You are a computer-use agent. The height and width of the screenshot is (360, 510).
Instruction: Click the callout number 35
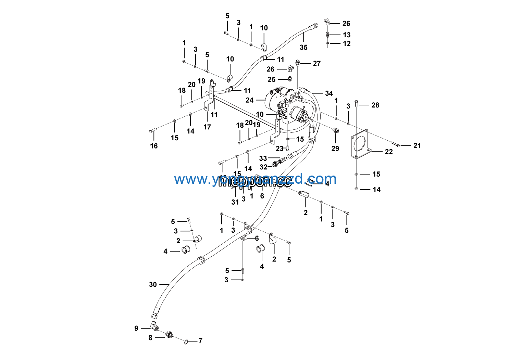tap(303, 48)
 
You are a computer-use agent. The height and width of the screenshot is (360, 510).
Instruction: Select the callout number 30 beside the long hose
tap(153, 284)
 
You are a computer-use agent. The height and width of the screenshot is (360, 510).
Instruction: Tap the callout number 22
tap(389, 152)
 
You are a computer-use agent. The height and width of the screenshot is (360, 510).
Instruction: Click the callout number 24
tap(250, 100)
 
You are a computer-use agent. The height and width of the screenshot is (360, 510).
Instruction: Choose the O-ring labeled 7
tap(186, 342)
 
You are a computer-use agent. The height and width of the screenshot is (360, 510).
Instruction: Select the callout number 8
tap(150, 338)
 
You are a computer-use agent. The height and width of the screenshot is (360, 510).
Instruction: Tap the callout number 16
tap(154, 146)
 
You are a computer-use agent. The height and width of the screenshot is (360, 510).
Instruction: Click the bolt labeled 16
tap(152, 130)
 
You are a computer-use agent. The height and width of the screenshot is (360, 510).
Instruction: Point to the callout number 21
tap(417, 145)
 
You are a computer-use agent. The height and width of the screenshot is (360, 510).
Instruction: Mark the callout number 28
tap(375, 105)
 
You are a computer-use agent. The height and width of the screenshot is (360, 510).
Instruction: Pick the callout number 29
tap(335, 149)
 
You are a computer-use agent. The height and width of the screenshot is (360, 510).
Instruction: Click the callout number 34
tap(329, 93)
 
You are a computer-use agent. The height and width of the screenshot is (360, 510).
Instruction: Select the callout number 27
tap(316, 63)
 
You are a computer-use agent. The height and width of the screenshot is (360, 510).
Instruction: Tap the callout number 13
tap(347, 35)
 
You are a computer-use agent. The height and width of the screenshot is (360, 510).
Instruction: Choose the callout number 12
tap(347, 43)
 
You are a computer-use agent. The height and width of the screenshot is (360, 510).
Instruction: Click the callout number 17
tap(207, 127)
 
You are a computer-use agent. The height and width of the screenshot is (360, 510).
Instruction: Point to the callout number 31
tap(235, 202)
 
